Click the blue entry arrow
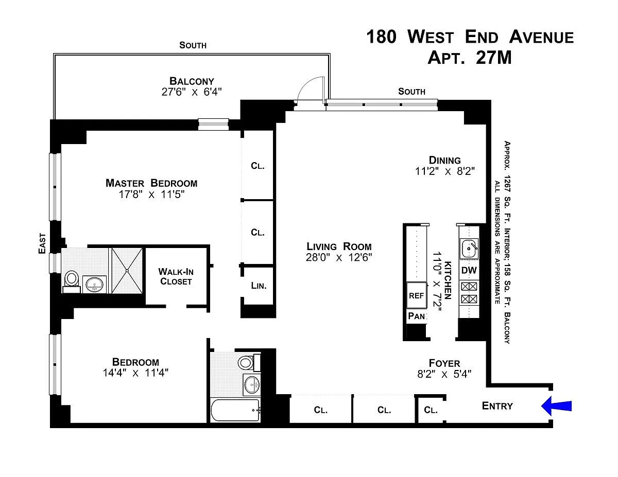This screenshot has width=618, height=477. tap(556, 405)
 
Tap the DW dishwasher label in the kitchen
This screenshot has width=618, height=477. tap(469, 270)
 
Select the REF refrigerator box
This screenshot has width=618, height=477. tap(416, 295)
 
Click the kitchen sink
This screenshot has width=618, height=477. tap(469, 249)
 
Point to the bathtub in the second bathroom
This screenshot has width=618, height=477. tap(235, 410)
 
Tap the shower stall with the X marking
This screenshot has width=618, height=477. tap(127, 271)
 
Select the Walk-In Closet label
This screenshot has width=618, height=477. tap(176, 276)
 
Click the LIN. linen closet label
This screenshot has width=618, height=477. tap(259, 286)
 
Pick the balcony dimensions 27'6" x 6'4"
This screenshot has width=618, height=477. tap(192, 92)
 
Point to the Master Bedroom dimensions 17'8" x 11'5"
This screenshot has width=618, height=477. tap(151, 195)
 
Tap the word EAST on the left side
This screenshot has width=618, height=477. tap(42, 243)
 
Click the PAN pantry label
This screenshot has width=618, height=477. tap(417, 316)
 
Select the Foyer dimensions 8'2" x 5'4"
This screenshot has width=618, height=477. tap(444, 374)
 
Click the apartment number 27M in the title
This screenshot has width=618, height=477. tap(494, 58)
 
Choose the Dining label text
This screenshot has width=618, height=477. tap(445, 160)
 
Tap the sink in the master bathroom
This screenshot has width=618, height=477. tap(94, 284)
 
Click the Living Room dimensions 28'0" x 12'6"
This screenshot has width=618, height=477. tap(339, 257)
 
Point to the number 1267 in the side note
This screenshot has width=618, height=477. tap(507, 183)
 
